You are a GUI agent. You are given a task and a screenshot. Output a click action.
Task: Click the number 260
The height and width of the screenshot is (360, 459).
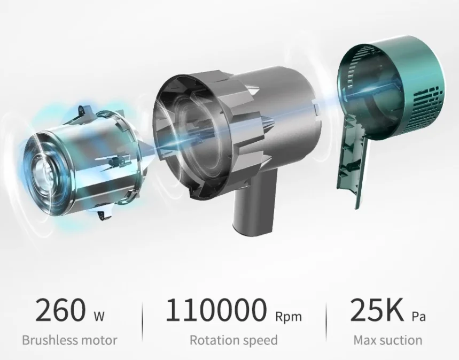click(60, 310)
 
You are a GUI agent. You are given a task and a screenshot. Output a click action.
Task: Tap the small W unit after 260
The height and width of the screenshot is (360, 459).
click(99, 316)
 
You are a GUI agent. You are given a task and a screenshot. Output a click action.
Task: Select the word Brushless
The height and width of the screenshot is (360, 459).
click(49, 340)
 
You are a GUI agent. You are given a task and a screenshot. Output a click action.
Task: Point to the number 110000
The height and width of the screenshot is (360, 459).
click(216, 310)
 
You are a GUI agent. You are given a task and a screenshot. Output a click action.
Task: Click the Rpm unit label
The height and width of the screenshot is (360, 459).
click(289, 317)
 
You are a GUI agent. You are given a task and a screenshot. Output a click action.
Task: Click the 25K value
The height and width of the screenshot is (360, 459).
click(377, 310)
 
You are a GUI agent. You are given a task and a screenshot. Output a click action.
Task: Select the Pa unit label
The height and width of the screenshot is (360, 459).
click(419, 317)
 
